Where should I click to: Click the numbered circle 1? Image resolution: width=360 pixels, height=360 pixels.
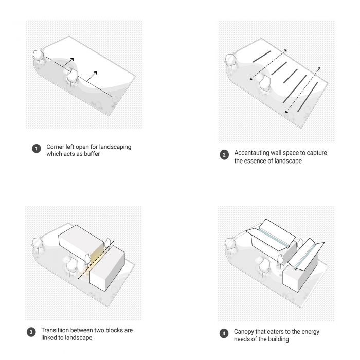(37, 149)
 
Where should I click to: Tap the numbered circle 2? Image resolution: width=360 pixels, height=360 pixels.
(224, 155)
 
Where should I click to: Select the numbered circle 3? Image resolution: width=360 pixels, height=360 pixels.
(31, 332)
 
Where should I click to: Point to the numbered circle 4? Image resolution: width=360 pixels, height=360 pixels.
(224, 333)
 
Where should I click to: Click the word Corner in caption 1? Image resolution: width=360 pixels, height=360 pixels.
(55, 147)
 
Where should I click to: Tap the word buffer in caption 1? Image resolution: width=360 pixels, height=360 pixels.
(92, 154)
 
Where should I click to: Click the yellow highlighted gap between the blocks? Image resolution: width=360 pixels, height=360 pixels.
(94, 261)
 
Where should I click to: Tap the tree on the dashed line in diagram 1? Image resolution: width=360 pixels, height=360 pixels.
(73, 78)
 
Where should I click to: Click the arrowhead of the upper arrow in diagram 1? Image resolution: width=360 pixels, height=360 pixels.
(72, 60)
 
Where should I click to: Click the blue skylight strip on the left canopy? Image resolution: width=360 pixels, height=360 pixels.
(274, 238)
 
